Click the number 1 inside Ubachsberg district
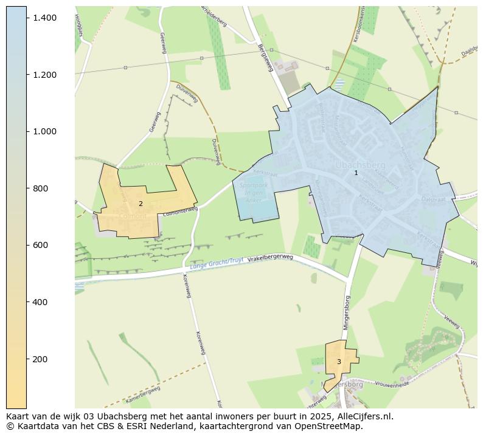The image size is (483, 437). tap(356, 173)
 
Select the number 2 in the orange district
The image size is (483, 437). tap(141, 204)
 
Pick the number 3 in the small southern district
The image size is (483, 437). tap(339, 362)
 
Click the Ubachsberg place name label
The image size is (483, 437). tap(360, 165)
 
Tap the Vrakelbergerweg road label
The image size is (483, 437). tap(271, 258)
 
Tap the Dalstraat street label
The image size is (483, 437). tap(434, 199)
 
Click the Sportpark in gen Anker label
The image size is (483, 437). tap(254, 193)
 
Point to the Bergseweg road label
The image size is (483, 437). tap(266, 58)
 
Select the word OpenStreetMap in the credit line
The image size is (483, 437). tap(332, 426)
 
